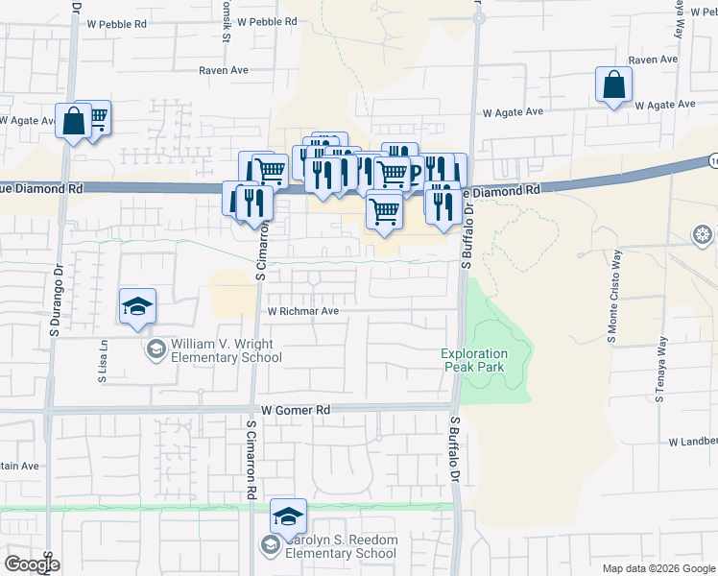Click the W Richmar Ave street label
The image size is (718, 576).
click(303, 311)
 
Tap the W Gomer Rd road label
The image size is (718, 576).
click(295, 410)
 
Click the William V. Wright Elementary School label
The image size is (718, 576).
click(227, 350)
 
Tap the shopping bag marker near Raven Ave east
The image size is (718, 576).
click(613, 85)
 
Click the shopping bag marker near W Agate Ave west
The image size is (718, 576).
click(73, 122)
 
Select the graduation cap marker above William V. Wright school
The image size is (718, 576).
click(137, 306)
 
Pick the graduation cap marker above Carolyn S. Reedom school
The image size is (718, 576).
click(287, 516)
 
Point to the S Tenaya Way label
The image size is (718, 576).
click(660, 370)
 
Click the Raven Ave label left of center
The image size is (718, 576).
click(224, 70)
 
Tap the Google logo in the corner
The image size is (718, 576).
click(32, 564)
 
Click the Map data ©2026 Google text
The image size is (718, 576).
click(657, 568)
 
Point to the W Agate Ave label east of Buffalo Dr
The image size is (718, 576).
click(513, 112)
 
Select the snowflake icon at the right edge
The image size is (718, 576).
click(704, 234)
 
